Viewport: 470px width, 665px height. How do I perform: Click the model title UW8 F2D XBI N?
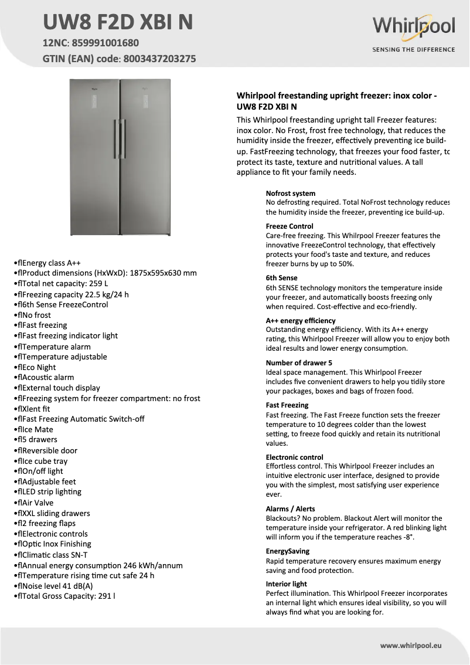(117, 22)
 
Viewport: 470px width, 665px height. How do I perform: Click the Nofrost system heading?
(291, 194)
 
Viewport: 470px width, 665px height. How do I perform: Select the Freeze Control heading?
(290, 226)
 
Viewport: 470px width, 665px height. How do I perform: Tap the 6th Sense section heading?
(281, 278)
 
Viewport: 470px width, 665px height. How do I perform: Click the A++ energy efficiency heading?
(301, 321)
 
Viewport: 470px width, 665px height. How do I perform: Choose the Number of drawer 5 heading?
(299, 363)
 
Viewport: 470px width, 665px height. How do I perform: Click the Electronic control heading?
(294, 457)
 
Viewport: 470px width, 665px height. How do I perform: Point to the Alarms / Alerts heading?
(290, 509)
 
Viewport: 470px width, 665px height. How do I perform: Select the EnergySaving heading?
(288, 551)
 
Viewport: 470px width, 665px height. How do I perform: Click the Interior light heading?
(287, 584)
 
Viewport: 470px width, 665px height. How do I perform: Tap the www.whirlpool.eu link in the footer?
(410, 645)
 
